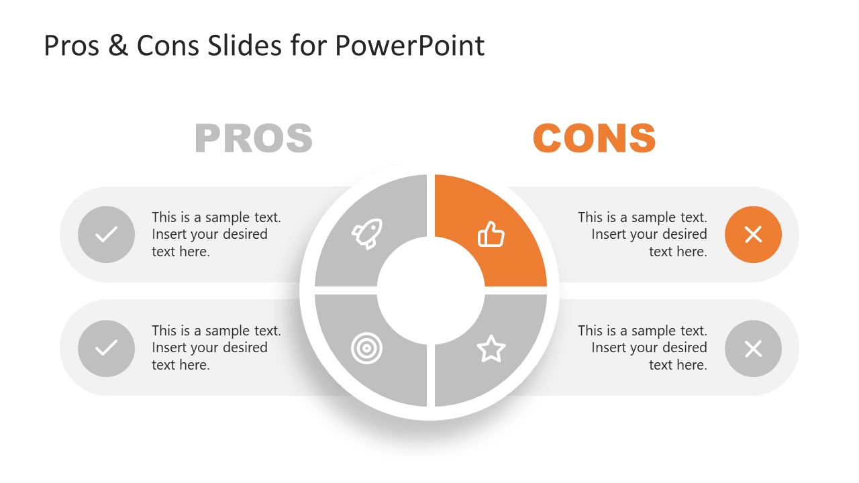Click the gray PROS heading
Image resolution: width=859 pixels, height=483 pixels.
pyautogui.click(x=254, y=138)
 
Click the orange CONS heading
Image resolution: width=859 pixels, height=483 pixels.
pyautogui.click(x=594, y=138)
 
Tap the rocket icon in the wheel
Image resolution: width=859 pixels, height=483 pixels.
pyautogui.click(x=366, y=233)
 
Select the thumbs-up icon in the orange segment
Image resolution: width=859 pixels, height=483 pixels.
pyautogui.click(x=491, y=235)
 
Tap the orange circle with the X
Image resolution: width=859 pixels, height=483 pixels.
pyautogui.click(x=753, y=234)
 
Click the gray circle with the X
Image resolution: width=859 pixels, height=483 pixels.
pyautogui.click(x=753, y=348)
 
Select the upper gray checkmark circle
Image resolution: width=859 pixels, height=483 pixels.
pyautogui.click(x=106, y=234)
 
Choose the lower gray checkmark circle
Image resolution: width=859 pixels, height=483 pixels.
pyautogui.click(x=106, y=348)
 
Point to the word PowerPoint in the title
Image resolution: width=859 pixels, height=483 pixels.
pyautogui.click(x=409, y=46)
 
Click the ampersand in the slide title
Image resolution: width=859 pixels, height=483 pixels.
pyautogui.click(x=117, y=46)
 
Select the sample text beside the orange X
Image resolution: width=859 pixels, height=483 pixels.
pyautogui.click(x=642, y=234)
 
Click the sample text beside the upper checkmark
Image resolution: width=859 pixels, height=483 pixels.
pyautogui.click(x=216, y=234)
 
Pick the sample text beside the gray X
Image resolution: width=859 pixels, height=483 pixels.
pyautogui.click(x=642, y=347)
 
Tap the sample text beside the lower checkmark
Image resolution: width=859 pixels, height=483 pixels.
pyautogui.click(x=216, y=347)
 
